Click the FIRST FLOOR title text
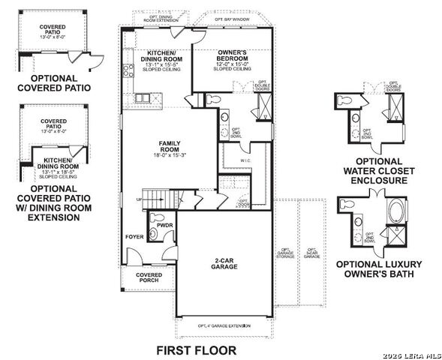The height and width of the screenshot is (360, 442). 196,349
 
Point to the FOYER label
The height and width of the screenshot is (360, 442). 134,237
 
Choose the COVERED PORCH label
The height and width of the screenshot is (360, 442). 149,278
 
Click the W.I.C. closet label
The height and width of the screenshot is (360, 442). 245,160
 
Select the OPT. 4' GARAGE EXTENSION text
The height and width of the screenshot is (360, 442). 224,326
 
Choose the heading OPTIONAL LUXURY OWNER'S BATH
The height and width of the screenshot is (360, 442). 378,269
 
